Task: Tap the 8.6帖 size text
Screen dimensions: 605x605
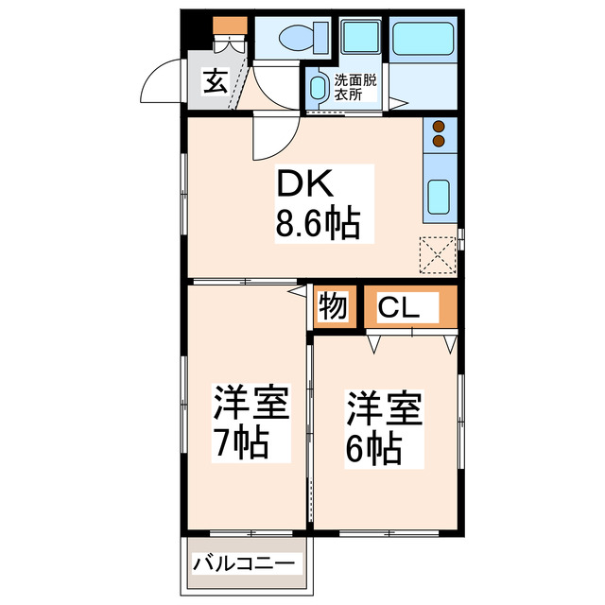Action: tap(316, 224)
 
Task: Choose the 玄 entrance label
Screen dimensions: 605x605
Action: tap(216, 81)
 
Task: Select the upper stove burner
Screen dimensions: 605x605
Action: tap(440, 124)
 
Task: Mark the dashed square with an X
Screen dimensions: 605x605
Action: tap(439, 253)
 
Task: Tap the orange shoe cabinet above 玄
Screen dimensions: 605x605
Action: tap(228, 26)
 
